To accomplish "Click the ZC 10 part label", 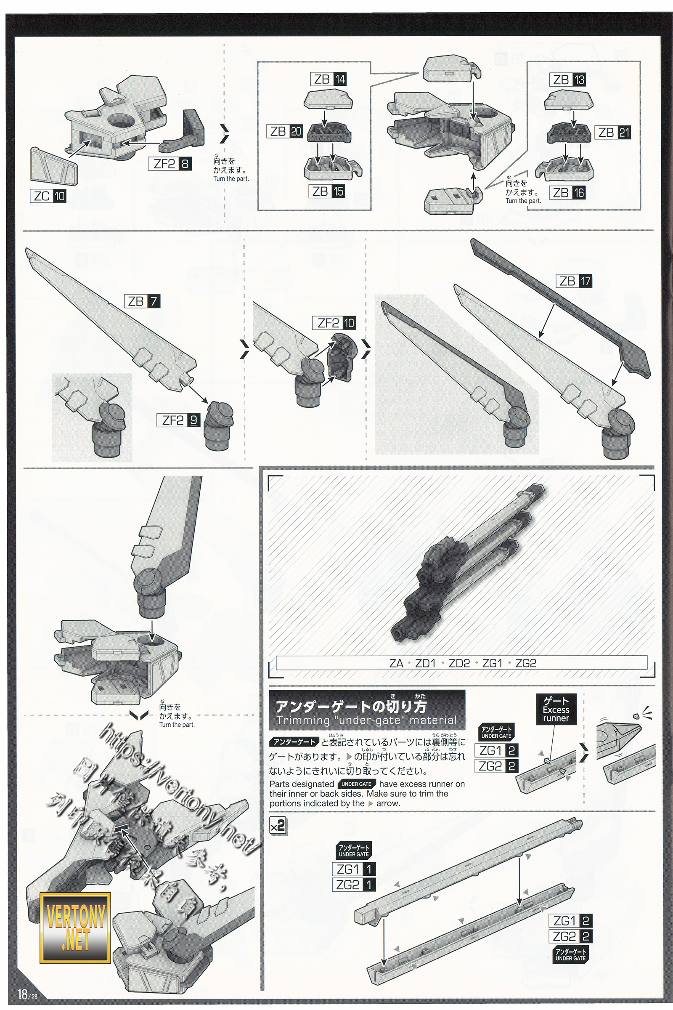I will tap(48, 196).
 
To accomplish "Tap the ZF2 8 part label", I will tap(170, 164).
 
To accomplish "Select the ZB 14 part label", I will tap(329, 79).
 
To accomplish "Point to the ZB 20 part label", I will tap(285, 131).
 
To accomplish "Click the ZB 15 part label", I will tap(328, 191).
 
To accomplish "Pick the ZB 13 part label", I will tap(567, 80).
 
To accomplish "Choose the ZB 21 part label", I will tap(612, 132).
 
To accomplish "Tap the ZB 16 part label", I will tap(567, 193).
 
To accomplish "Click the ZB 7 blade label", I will tap(142, 301).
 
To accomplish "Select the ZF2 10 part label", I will tap(336, 322).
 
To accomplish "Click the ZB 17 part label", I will tap(574, 281).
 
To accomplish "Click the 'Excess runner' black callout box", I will tap(556, 710).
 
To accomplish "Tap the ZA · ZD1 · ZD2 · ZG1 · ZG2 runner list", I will tap(461, 663).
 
